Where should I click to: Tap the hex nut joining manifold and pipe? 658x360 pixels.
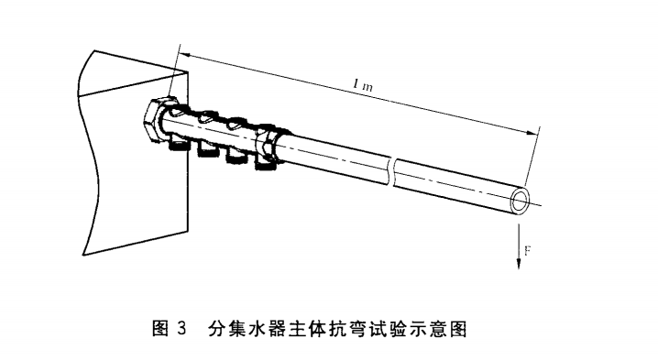click(269, 147)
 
